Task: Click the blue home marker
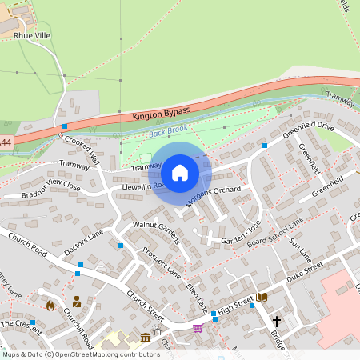[x=180, y=171]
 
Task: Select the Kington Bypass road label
[x=162, y=113]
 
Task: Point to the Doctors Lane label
[x=85, y=243]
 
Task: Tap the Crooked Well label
[x=82, y=148]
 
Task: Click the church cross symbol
[x=277, y=321]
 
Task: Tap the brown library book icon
[x=262, y=298]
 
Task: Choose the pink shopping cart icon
[x=198, y=327]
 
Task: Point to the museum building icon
[x=146, y=338]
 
